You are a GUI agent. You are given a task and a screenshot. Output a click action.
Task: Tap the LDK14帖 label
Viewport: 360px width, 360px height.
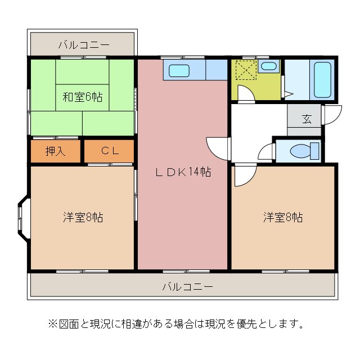coord(183,172)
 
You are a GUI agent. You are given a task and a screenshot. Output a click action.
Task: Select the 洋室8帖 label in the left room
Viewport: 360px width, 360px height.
coord(82,217)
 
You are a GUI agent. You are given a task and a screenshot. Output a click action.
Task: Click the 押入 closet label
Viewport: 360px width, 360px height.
coord(55,151)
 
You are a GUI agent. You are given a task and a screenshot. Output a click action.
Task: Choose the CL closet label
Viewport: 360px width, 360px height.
coord(110,151)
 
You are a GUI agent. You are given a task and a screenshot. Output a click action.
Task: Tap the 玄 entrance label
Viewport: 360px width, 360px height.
coord(307,119)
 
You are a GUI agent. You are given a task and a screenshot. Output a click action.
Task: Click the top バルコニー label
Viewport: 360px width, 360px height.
coord(83,44)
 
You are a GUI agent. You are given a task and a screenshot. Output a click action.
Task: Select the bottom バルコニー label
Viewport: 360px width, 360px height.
coord(188,286)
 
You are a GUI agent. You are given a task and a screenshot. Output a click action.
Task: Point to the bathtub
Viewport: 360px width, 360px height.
coord(322,79)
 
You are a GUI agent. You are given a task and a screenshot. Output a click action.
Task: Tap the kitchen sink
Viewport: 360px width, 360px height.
coord(180,71)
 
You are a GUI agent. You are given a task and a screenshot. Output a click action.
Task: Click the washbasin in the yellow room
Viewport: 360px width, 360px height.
coord(269,67)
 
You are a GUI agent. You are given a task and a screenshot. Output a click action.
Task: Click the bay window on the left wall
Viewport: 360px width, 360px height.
coord(22,217)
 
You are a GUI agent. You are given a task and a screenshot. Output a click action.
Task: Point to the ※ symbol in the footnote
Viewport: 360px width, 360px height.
coord(52,324)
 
